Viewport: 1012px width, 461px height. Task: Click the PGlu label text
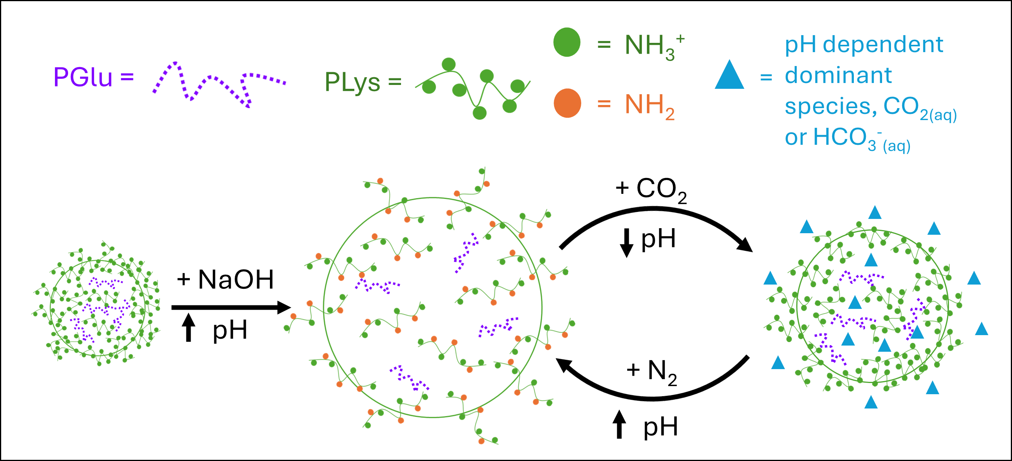pos(83,77)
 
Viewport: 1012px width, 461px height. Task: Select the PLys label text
pos(352,82)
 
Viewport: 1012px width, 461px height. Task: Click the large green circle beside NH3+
pos(567,42)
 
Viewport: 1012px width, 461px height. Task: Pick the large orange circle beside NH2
pos(567,103)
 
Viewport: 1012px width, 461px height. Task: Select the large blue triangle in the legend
pos(729,75)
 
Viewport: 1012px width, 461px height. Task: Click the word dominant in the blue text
pos(838,75)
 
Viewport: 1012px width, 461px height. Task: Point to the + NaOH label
pos(225,280)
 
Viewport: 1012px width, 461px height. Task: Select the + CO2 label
pos(651,190)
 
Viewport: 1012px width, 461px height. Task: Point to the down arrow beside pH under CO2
pos(626,242)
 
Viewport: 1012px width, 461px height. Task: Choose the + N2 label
pos(652,371)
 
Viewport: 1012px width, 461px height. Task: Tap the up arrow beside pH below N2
pos(619,424)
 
